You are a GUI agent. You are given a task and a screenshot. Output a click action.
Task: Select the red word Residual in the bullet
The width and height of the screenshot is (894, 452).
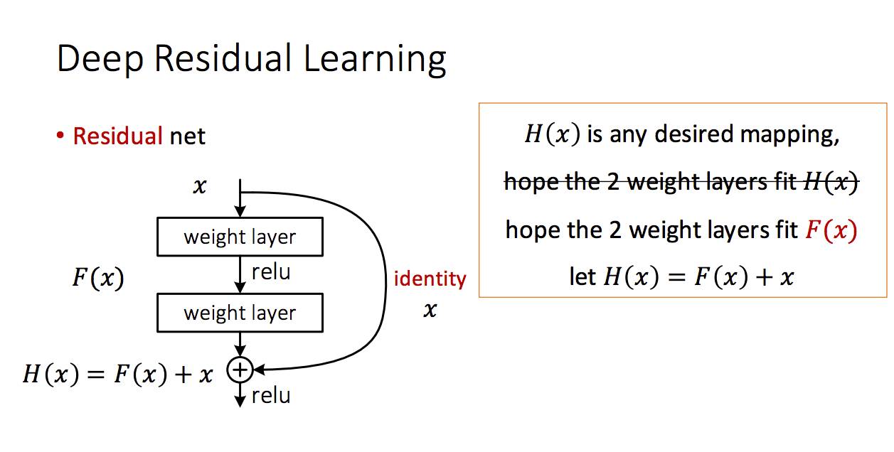click(x=118, y=136)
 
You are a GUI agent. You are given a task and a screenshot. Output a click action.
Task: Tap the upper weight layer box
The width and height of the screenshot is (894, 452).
click(x=240, y=237)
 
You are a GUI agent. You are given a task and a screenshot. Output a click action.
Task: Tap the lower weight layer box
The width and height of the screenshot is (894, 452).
click(x=240, y=313)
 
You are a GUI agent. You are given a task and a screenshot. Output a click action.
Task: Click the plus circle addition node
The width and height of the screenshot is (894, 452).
click(x=240, y=369)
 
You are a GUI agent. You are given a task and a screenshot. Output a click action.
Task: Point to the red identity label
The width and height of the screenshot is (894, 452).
click(x=430, y=279)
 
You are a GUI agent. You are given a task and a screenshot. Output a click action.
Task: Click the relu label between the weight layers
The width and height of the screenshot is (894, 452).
click(x=271, y=272)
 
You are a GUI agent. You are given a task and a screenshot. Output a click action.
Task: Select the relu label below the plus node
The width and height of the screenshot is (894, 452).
click(x=271, y=395)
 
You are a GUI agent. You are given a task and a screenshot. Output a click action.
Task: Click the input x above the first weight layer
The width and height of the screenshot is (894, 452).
click(x=200, y=187)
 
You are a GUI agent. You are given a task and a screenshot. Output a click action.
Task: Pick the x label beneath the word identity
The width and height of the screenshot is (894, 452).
click(x=430, y=310)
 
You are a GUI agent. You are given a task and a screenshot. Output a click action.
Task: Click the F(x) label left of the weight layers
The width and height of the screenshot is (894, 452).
click(x=97, y=278)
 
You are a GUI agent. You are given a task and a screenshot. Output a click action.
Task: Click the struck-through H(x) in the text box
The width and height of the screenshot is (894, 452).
click(x=831, y=183)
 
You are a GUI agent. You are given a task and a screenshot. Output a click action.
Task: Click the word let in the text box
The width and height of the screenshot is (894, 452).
click(x=582, y=276)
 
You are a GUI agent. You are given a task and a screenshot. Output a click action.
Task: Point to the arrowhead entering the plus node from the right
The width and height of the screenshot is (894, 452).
click(x=259, y=370)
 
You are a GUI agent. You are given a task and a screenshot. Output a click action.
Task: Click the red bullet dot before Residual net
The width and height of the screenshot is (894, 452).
click(x=61, y=135)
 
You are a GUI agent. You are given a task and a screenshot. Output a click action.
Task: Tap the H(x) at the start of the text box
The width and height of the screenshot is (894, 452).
click(x=553, y=134)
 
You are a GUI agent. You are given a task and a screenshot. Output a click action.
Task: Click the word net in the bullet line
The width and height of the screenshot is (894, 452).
click(x=188, y=136)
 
